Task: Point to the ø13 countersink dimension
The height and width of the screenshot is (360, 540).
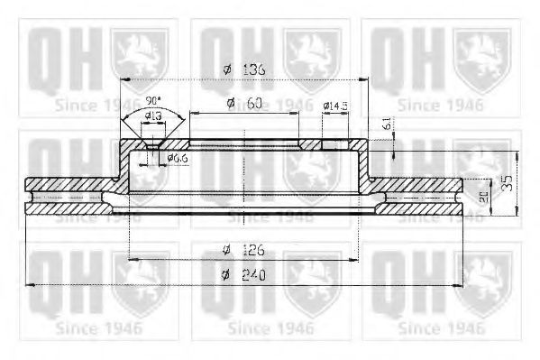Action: [152, 115]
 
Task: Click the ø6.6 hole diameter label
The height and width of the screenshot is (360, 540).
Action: [177, 159]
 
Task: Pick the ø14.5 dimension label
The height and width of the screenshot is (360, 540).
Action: [335, 106]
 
